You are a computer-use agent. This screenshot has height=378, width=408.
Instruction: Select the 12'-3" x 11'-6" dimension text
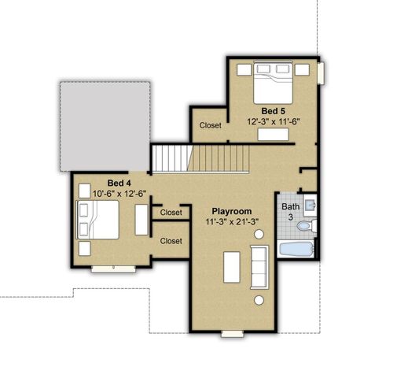pyautogui.click(x=274, y=123)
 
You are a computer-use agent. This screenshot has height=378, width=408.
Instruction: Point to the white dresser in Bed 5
pyautogui.click(x=274, y=135)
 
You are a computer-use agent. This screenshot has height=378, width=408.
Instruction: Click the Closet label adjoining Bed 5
pyautogui.click(x=210, y=124)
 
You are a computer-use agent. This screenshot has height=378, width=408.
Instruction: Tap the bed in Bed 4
pyautogui.click(x=97, y=220)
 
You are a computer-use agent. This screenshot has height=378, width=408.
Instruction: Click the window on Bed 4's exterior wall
pyautogui.click(x=113, y=269)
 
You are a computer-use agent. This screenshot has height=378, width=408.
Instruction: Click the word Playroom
pyautogui.click(x=232, y=211)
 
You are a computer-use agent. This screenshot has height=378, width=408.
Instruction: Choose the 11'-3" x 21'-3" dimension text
pyautogui.click(x=232, y=222)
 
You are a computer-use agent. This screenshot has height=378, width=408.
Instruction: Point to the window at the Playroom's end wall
pyautogui.click(x=232, y=334)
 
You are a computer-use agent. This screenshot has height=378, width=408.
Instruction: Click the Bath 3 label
pyautogui.click(x=290, y=211)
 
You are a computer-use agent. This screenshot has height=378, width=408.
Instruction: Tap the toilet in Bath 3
pyautogui.click(x=307, y=226)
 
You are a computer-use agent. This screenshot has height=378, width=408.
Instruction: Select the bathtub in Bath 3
pyautogui.click(x=296, y=250)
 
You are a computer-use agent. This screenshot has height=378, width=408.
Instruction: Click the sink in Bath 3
pyautogui.click(x=311, y=206)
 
